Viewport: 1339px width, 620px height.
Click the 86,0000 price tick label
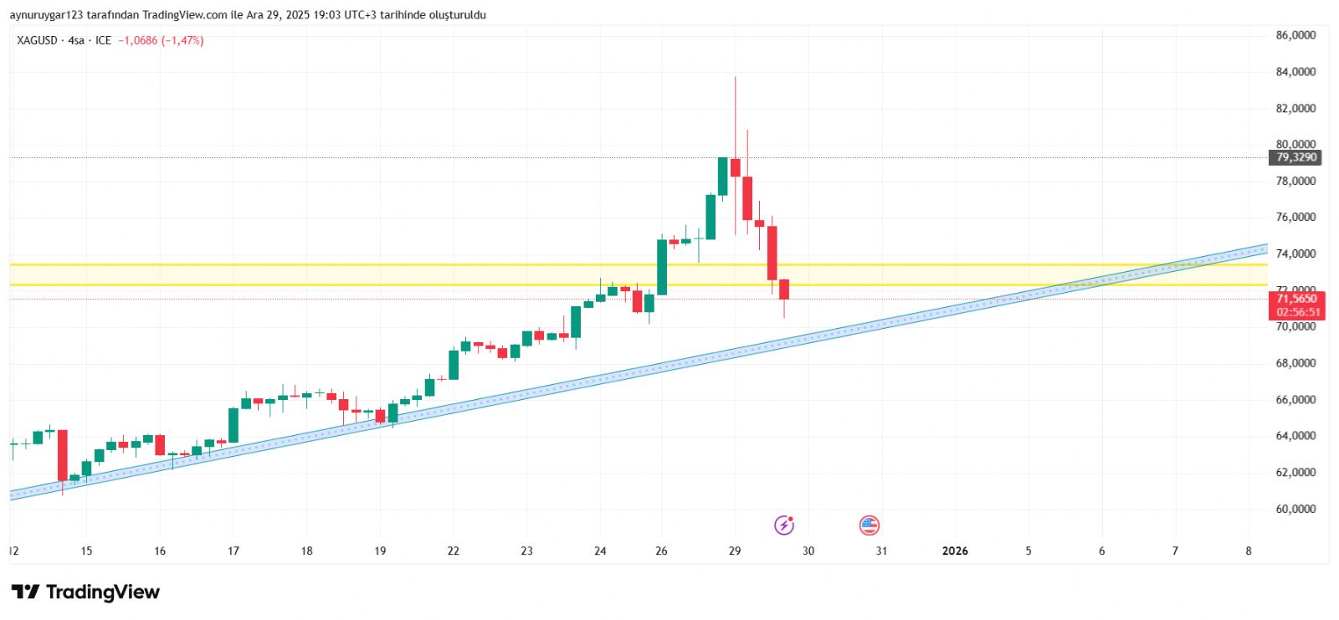[1295, 35]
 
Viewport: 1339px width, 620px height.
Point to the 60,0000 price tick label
[1295, 509]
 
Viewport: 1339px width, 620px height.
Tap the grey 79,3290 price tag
[1296, 157]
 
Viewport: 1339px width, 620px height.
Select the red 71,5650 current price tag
[1296, 299]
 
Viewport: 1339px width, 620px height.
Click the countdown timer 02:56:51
[1298, 312]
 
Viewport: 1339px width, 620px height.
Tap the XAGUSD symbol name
[38, 40]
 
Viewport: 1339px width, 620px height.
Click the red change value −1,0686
[138, 40]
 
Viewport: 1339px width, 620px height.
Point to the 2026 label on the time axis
[955, 551]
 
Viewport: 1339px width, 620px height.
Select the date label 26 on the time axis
[661, 551]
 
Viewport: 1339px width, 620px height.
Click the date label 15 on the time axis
[86, 551]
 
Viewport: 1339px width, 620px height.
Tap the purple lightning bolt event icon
[784, 525]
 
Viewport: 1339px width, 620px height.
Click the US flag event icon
[870, 525]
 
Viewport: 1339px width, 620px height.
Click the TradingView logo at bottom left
[85, 592]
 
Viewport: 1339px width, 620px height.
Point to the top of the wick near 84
[735, 77]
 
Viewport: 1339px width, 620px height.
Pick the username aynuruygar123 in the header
[44, 15]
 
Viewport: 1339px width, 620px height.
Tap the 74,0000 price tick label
[1295, 254]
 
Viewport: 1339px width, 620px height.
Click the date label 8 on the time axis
[1249, 551]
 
